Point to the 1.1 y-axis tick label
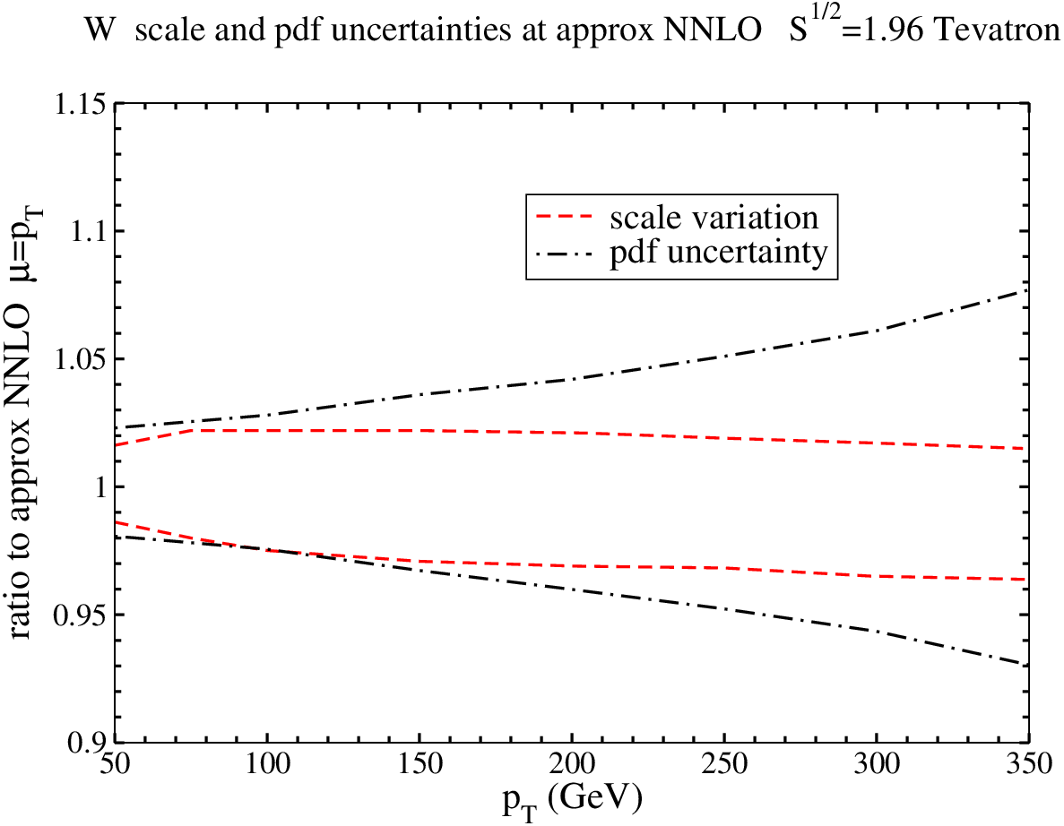tap(87, 233)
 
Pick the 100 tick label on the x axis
tap(267, 764)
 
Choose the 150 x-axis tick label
tap(420, 764)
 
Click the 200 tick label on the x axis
tap(572, 764)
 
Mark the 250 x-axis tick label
tap(724, 764)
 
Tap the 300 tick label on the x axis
tap(877, 764)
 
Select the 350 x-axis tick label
tap(1029, 764)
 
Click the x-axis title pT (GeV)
tap(572, 802)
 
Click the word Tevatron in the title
tap(996, 30)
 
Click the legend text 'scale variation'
tap(714, 218)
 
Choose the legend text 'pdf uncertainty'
tap(719, 253)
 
